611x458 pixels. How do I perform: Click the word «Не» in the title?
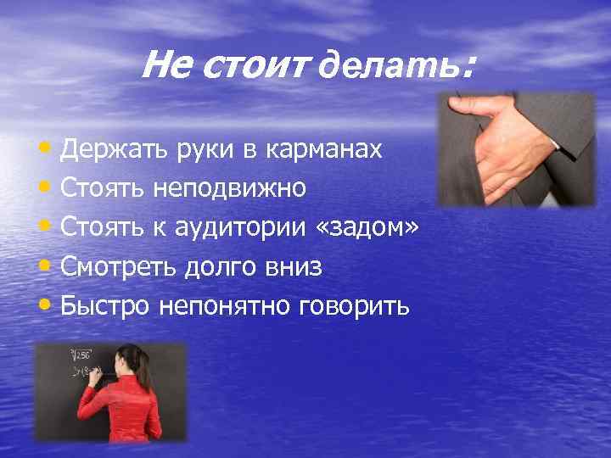pos(170,64)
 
